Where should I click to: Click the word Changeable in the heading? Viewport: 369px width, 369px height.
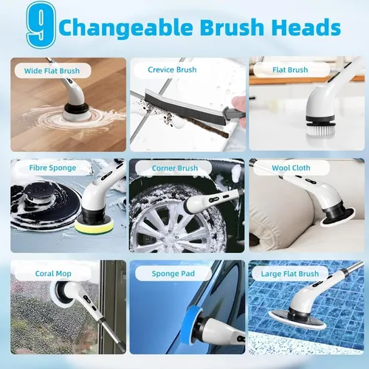pos(126,27)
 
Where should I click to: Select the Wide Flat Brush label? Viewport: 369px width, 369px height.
pos(52,71)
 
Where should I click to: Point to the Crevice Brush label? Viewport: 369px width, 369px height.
pos(172,69)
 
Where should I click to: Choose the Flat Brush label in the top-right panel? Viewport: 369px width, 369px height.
pos(290,70)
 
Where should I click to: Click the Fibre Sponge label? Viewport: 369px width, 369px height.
pos(52,168)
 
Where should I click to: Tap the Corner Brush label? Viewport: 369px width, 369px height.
pos(175,168)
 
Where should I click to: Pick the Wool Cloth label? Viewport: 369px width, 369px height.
pos(291,168)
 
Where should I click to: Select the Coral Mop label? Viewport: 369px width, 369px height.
pos(53,274)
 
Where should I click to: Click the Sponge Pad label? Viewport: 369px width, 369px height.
pos(173,274)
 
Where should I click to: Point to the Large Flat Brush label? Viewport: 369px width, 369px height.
pos(290,274)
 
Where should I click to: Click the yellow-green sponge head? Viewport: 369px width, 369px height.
pos(94,226)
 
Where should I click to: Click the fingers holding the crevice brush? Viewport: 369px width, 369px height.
pos(238,106)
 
